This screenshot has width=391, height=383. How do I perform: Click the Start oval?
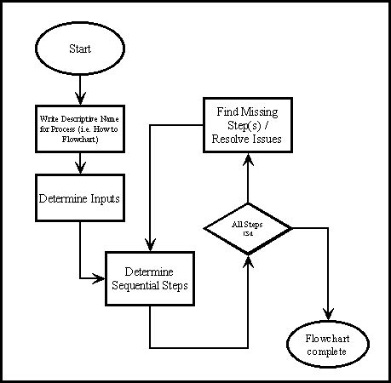pos(79,49)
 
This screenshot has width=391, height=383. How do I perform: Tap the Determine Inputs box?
pos(79,198)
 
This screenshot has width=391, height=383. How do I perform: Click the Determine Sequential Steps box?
pos(150,278)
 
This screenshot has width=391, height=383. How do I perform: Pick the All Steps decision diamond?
pos(248,228)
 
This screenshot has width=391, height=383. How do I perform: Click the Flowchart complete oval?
pos(327,344)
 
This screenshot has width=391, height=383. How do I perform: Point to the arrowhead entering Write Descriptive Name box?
pos(79,96)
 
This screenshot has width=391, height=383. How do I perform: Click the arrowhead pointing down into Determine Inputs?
pos(79,169)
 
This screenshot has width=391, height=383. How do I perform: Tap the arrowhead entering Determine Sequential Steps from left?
pos(100,277)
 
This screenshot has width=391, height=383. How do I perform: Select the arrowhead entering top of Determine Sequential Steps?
pos(150,246)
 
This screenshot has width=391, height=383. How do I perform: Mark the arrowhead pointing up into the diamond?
pos(248,258)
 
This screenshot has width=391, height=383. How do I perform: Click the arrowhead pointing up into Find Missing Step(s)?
pos(246,157)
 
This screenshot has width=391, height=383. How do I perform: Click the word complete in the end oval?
pos(327,351)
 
